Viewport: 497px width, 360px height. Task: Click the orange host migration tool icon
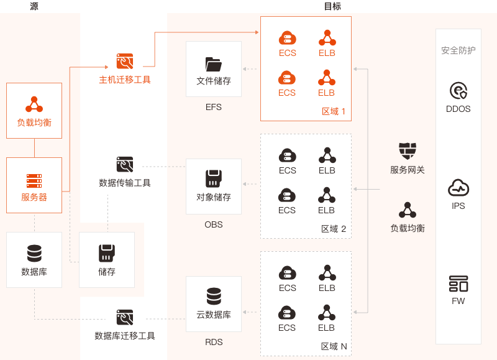click(x=125, y=61)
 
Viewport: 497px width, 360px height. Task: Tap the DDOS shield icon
click(x=458, y=91)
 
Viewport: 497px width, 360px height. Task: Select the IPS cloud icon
click(x=458, y=188)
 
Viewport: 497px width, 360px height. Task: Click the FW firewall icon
click(x=458, y=284)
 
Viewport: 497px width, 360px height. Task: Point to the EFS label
click(x=214, y=107)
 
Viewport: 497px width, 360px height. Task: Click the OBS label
click(x=214, y=224)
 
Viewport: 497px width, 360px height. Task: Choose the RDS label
click(x=214, y=342)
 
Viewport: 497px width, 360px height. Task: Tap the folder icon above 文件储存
click(x=214, y=65)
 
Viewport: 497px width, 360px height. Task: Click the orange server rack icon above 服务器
click(x=34, y=181)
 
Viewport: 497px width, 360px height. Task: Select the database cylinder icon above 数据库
click(x=34, y=253)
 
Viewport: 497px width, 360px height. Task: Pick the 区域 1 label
click(x=334, y=111)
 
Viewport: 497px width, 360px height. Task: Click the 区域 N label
click(x=334, y=346)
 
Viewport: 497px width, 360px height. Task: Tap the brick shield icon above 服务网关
click(x=408, y=151)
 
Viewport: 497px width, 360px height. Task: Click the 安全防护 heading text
click(x=458, y=50)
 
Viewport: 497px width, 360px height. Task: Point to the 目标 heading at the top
click(x=332, y=6)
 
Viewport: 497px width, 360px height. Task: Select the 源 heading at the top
click(x=34, y=6)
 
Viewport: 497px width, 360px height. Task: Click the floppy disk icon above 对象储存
click(x=214, y=178)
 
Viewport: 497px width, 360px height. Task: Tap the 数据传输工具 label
click(x=125, y=183)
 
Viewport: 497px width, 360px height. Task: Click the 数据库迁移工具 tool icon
click(x=125, y=317)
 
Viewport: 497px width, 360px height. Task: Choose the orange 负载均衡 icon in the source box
click(x=34, y=104)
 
